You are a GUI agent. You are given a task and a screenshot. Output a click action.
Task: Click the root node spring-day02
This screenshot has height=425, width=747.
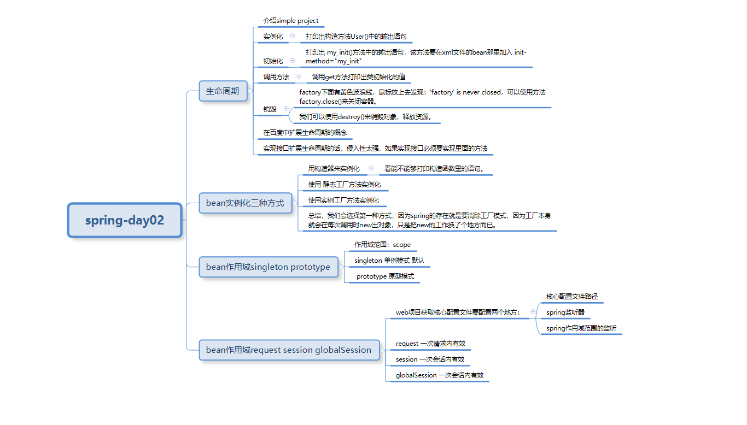(125, 221)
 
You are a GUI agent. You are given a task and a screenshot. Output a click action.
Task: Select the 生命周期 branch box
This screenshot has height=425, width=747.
(223, 91)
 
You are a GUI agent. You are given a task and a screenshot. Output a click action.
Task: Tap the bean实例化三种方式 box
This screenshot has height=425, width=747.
(245, 203)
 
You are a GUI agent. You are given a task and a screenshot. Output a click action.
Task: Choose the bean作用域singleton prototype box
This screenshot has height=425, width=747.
(268, 267)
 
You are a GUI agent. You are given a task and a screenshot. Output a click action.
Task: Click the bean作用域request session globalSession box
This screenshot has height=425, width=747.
(289, 350)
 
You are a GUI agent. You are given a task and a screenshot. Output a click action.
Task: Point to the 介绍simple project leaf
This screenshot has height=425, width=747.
(290, 21)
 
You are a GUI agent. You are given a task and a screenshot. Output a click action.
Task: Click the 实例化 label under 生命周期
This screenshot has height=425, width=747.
(273, 37)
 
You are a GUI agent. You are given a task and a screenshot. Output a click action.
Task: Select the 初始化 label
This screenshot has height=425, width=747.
(273, 61)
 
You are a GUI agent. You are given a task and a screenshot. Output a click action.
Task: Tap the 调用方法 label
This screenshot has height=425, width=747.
(276, 77)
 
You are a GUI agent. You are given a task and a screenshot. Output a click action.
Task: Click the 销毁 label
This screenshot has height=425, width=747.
(270, 109)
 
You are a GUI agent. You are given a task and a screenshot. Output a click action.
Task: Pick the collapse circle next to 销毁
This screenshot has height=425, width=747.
(286, 109)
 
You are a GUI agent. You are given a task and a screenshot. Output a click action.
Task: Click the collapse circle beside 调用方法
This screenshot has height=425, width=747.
(299, 76)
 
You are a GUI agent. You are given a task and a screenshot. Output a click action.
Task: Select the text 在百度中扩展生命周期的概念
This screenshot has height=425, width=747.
(305, 133)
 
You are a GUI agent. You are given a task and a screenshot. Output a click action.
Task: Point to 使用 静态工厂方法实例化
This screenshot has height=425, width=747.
(345, 185)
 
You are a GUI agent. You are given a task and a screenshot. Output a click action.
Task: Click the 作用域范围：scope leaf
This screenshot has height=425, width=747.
(382, 245)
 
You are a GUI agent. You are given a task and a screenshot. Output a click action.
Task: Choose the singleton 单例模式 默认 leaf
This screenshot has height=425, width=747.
(389, 261)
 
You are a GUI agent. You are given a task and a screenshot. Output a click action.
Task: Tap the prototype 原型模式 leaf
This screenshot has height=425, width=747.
(385, 276)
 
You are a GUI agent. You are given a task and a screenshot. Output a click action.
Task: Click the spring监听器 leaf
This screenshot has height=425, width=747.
(565, 312)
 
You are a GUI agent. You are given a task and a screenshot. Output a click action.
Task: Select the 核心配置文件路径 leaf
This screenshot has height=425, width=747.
(572, 297)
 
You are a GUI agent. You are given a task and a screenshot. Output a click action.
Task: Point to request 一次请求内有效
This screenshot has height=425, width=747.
(430, 344)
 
